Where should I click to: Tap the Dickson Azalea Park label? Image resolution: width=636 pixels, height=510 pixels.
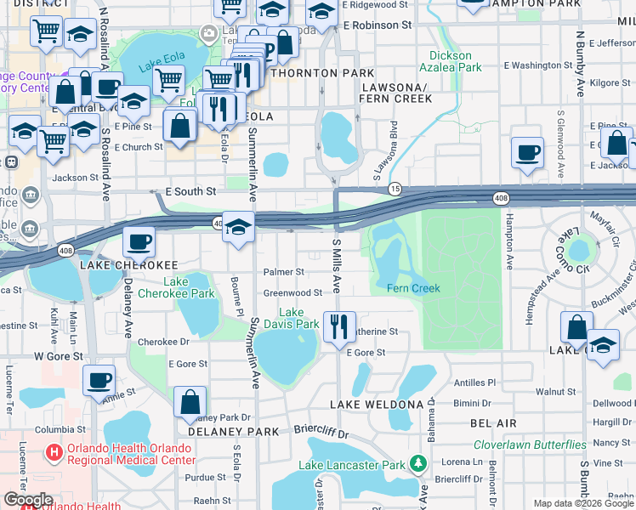coord(450,61)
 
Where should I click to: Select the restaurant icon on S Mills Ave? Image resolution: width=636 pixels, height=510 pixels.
coord(338,325)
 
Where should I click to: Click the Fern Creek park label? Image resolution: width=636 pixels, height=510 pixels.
coord(414,288)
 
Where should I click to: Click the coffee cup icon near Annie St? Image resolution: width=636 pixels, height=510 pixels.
coord(99,380)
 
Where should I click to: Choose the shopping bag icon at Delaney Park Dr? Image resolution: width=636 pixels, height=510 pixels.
coord(190,402)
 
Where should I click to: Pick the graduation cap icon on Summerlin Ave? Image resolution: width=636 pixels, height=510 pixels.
coord(239,227)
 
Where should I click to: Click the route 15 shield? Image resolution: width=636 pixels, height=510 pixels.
coord(395,187)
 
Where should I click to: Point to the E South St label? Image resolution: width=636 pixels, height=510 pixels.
coord(190,192)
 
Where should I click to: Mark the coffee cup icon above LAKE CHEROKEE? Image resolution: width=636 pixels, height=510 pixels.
coord(139,242)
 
